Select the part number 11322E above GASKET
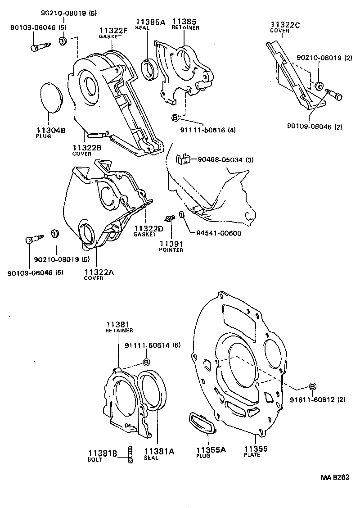coord(113,31)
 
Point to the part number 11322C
coord(285,25)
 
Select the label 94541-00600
coord(219,233)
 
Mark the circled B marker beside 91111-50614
coord(146,363)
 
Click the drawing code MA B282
coord(335,477)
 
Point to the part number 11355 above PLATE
coord(256,449)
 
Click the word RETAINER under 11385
coord(185,27)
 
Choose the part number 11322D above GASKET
coord(148,228)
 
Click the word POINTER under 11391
coord(171,250)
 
